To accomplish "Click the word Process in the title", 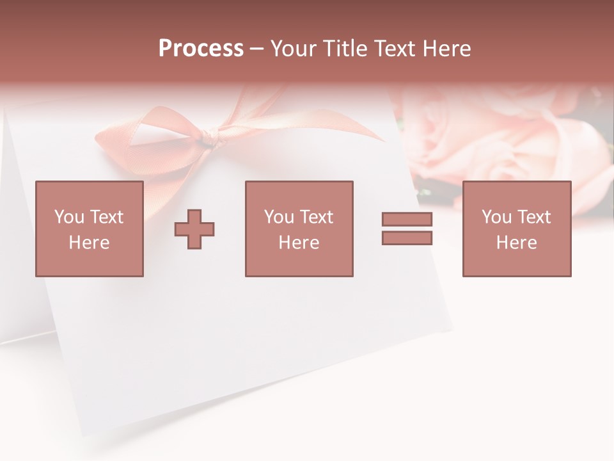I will click(201, 49).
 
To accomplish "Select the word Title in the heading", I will click(345, 49).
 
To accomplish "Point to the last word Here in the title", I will click(447, 49).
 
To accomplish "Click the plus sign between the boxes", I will click(194, 229).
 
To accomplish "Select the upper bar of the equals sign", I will click(407, 219).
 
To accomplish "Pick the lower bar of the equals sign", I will click(407, 238).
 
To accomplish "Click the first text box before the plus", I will click(89, 229).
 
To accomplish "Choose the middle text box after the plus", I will click(299, 229).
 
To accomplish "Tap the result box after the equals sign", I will click(516, 229).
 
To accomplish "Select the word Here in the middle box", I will click(299, 243).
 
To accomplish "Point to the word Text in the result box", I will click(533, 217).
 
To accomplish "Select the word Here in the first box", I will click(89, 243).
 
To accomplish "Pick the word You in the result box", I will click(496, 217).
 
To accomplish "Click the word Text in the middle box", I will click(316, 217).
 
